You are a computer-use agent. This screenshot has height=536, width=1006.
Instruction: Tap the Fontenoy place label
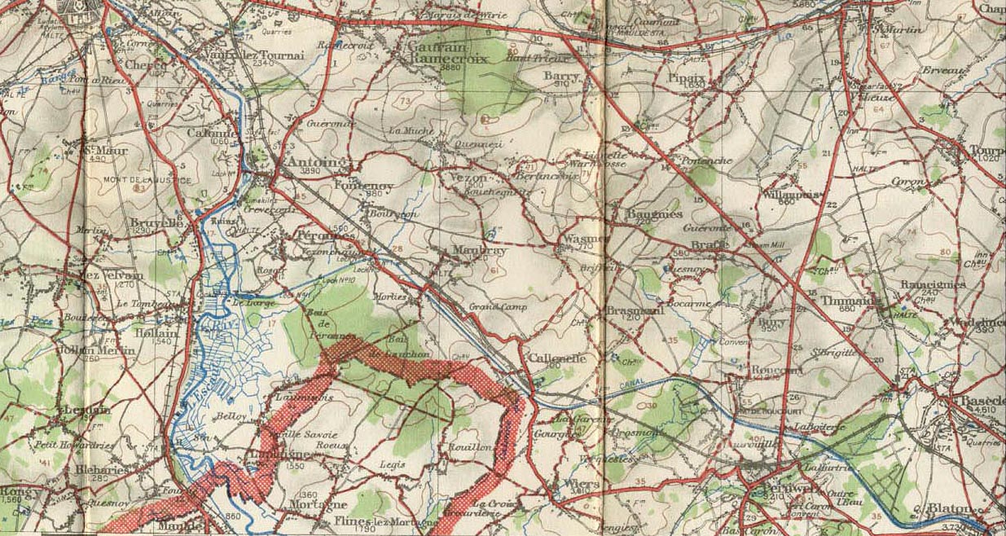364,186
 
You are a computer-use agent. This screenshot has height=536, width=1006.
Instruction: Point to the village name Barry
560,76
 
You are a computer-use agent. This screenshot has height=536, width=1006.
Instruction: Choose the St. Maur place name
98,150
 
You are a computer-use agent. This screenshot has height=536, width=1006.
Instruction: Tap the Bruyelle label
155,222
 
